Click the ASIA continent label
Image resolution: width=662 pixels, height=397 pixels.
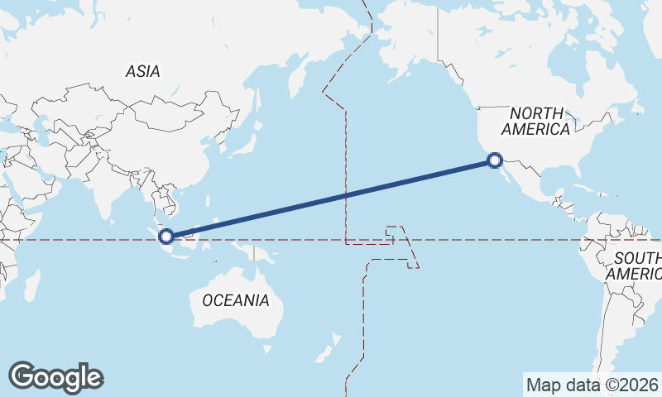point(143,72)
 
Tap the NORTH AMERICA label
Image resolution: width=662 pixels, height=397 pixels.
point(535,121)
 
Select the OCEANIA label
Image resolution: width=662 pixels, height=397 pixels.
point(236,300)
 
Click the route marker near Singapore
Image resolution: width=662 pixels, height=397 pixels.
point(166,236)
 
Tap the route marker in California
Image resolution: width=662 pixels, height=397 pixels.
point(495,160)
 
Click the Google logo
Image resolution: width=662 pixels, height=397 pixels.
point(55,376)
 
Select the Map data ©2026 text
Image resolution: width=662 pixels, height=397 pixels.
point(592,385)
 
